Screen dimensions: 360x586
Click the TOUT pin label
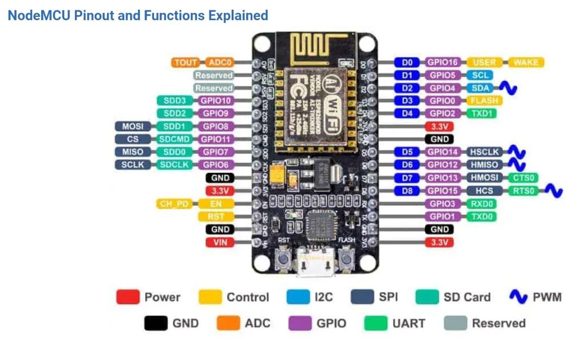[x=186, y=62]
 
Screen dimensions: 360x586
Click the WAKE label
[x=526, y=62]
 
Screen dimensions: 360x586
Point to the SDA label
[x=479, y=88]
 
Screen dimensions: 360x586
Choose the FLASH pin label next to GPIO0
[x=484, y=101]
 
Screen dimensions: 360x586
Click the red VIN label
[x=220, y=243]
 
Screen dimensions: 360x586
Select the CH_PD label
[x=174, y=204]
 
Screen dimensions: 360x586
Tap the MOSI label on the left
[x=132, y=127]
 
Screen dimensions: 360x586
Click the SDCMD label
[x=174, y=140]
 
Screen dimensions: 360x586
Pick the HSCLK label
[x=484, y=152]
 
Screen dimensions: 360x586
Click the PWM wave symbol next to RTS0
[x=553, y=191]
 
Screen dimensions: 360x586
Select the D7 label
[x=407, y=178]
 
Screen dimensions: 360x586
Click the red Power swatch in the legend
[x=128, y=297]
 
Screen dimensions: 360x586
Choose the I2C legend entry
[x=309, y=297]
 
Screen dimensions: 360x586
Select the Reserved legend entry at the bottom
[x=485, y=324]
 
